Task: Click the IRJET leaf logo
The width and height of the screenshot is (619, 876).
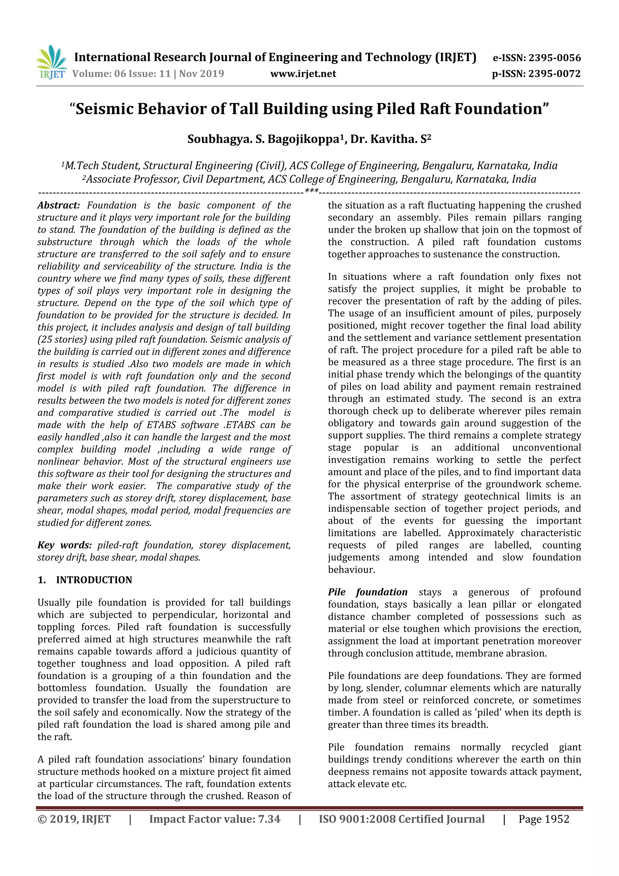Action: click(51, 61)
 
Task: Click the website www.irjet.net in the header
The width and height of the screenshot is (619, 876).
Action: click(303, 74)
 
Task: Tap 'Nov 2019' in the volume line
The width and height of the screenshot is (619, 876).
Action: click(202, 74)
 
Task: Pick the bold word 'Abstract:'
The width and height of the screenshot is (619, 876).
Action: click(59, 205)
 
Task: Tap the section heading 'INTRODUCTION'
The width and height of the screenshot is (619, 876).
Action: click(94, 580)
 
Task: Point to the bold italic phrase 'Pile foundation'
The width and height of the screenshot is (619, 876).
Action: click(368, 592)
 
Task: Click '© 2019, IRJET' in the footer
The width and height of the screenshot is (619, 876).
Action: click(74, 819)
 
